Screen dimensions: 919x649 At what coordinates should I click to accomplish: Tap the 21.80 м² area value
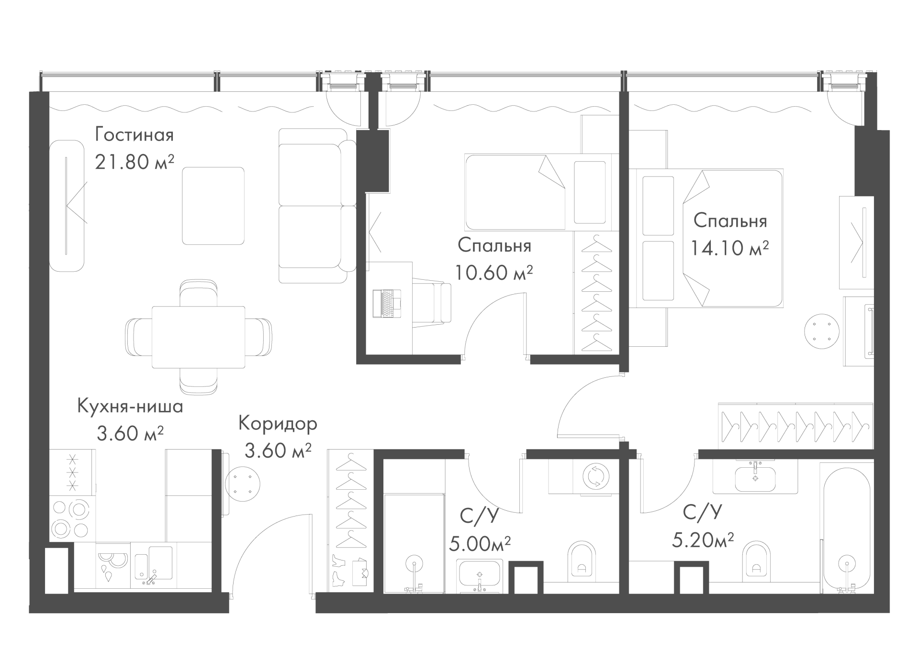(x=134, y=162)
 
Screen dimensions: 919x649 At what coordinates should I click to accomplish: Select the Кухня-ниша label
(x=130, y=407)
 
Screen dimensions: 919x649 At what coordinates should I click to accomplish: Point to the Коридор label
(x=278, y=423)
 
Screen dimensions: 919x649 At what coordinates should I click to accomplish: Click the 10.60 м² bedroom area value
(x=494, y=273)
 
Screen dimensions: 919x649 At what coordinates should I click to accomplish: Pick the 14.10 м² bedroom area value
(x=730, y=248)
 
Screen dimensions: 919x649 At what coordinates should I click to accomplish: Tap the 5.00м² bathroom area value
(x=480, y=543)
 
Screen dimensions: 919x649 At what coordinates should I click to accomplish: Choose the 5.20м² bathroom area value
(x=703, y=540)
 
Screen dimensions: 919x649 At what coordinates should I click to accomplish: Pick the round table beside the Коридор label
(x=242, y=484)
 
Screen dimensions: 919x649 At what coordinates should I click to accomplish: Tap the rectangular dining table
(x=198, y=337)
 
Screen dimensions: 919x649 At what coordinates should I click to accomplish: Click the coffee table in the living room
(x=213, y=206)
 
